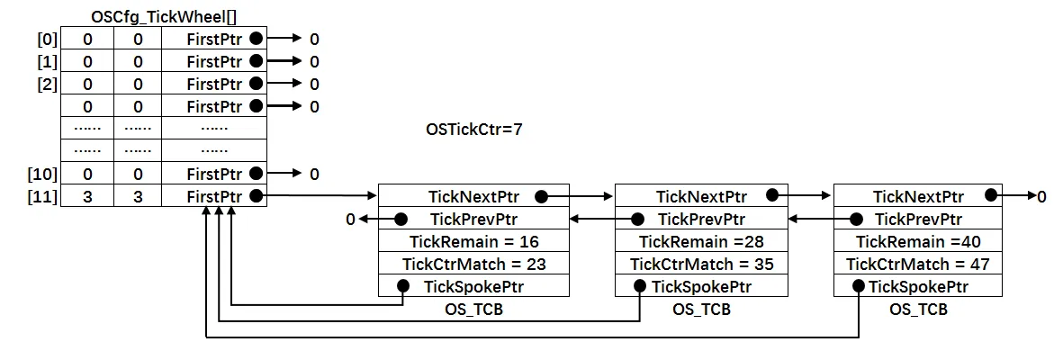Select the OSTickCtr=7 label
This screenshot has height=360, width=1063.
[x=473, y=130]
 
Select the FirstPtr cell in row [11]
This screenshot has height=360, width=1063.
[x=214, y=196]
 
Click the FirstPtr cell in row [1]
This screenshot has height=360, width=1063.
[x=214, y=62]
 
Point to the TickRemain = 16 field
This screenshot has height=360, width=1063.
[x=473, y=241]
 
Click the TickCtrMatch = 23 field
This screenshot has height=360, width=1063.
[x=473, y=264]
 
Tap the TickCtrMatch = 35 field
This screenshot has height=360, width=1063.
[x=701, y=264]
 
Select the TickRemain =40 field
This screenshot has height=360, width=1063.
[x=918, y=241]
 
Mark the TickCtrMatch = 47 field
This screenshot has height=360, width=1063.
[x=918, y=264]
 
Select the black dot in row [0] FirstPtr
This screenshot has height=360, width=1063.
[x=257, y=40]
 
